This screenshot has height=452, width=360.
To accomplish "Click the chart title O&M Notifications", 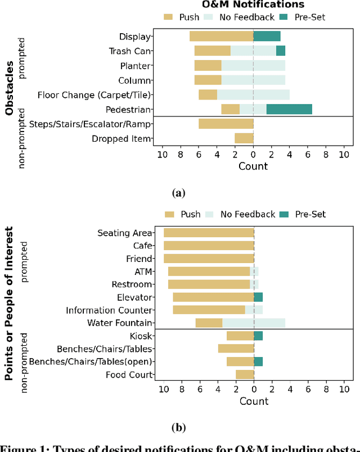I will click(253, 5).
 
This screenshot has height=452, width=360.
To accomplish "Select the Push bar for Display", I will click(221, 37).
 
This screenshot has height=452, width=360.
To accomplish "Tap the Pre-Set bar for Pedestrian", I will click(289, 110).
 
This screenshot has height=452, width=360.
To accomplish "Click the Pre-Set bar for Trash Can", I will click(280, 51).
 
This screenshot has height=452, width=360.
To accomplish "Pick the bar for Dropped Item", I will click(244, 138).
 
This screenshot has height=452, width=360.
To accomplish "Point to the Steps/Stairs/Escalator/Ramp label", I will click(90, 124).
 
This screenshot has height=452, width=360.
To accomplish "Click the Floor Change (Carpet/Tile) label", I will click(94, 95).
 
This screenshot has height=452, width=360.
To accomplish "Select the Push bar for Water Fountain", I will click(209, 323).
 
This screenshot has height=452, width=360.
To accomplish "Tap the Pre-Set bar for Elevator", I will click(258, 297).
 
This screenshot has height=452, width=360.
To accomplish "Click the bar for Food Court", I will click(245, 374).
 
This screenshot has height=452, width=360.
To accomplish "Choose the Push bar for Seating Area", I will click(209, 233).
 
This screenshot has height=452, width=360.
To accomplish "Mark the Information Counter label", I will click(109, 310).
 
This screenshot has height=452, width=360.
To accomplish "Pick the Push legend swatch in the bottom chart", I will click(169, 214).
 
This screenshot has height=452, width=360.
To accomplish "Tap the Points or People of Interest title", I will click(10, 304).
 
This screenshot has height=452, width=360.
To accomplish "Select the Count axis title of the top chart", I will click(253, 166).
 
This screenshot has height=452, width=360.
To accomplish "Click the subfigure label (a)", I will click(178, 193).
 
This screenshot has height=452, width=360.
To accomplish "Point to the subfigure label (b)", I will click(178, 427).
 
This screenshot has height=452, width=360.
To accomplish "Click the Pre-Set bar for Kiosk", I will click(258, 336).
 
